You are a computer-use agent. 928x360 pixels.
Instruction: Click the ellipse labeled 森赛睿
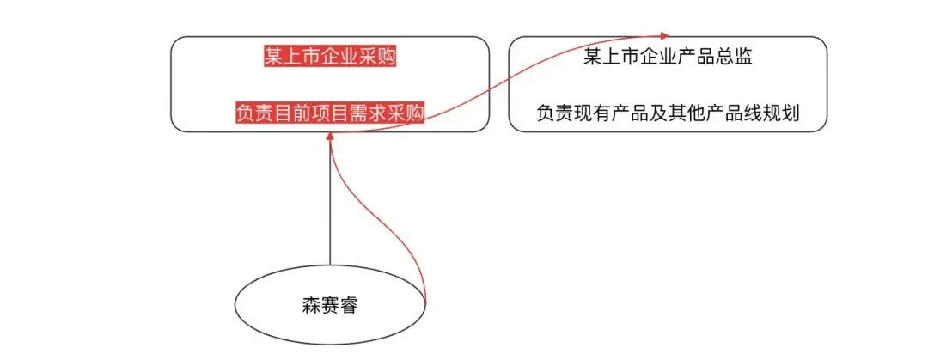[x=330, y=304]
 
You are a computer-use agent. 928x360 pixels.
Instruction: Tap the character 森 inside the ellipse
[x=311, y=305]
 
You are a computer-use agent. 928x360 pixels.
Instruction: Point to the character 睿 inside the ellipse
[x=349, y=305]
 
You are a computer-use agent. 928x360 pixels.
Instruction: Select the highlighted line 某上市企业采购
[x=330, y=57]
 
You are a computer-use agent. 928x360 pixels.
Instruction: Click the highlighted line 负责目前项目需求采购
[x=330, y=113]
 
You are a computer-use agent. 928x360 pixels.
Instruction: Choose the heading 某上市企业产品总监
[x=669, y=57]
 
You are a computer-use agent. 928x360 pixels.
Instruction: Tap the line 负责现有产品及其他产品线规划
[x=669, y=113]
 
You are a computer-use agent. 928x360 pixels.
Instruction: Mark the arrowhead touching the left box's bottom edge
[x=330, y=137]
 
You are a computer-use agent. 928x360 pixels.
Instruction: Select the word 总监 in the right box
[x=736, y=57]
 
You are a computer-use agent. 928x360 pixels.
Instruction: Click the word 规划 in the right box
[x=782, y=113]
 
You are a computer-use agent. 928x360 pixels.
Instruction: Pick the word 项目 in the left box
[x=330, y=113]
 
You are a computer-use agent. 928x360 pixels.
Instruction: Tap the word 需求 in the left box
[x=368, y=113]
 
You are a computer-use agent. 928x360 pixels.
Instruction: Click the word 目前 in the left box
[x=292, y=113]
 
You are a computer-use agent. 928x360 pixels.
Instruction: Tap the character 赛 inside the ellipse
[x=330, y=305]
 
